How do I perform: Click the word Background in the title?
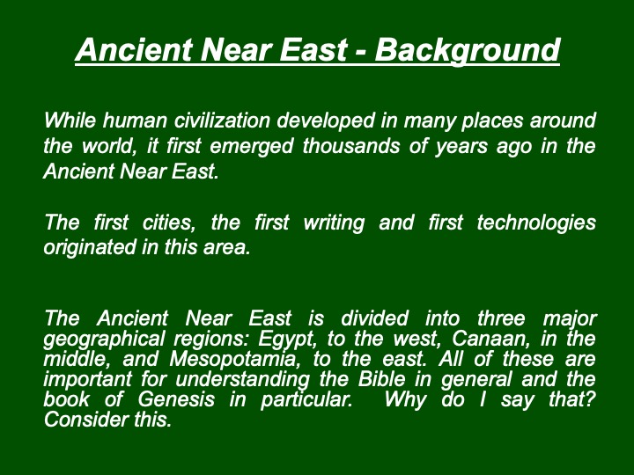point(467,50)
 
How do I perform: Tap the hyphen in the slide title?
point(361,52)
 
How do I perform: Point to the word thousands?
point(351,146)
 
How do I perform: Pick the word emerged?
point(251,147)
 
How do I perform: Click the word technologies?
point(536,223)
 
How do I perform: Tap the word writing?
point(334,223)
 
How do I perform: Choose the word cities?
point(168,223)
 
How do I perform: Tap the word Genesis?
point(176,399)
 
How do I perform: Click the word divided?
point(374,318)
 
